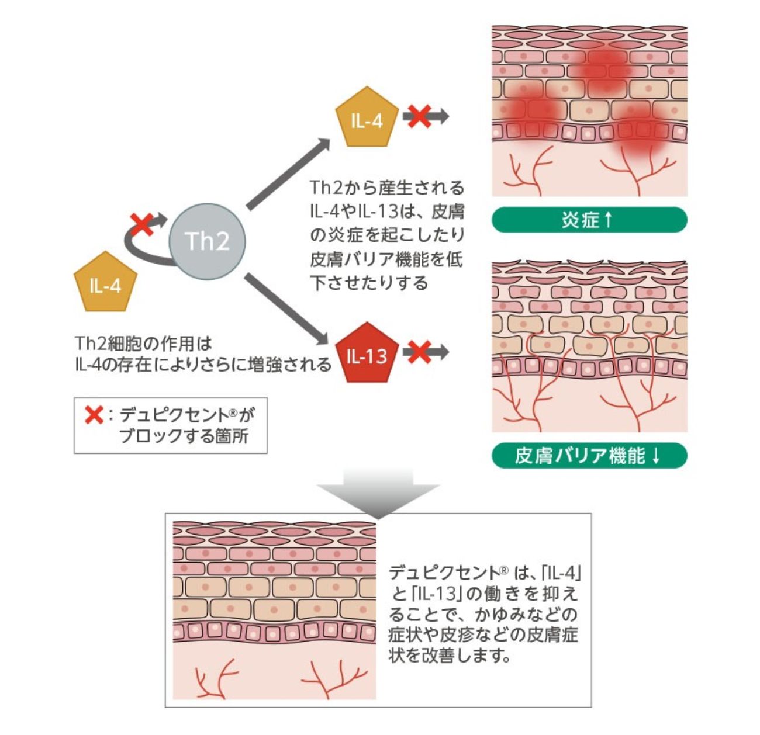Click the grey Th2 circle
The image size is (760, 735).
pos(207,241)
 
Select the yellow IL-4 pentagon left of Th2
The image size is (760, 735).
pos(105,282)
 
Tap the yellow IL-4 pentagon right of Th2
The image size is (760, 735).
pos(367,117)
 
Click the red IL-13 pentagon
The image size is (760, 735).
pos(367,353)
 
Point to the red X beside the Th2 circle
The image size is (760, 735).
pos(141,224)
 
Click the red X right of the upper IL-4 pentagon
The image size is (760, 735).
pos(419,116)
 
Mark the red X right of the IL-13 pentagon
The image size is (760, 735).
pos(419,352)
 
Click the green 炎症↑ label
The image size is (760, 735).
pos(589,220)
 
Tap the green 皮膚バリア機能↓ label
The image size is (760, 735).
pos(589,455)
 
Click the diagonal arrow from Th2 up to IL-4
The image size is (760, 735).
pos(288,174)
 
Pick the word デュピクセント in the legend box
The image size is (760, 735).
pos(174,415)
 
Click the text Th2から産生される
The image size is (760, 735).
pos(386,188)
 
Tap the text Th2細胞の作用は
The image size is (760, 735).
pos(143,343)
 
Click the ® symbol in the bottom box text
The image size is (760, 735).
pos(504,570)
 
